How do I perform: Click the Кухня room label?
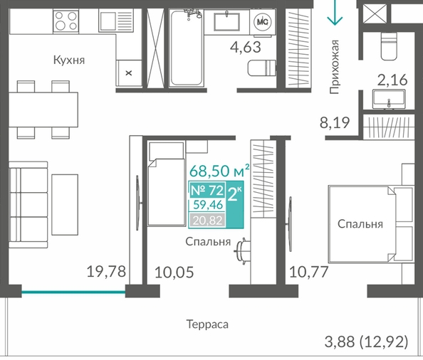coord(69,60)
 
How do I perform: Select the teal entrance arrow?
coord(335,13)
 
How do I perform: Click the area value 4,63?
coord(246,47)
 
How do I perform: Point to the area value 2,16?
coord(392,80)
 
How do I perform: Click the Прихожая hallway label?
coord(334,67)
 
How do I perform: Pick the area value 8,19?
coord(335,122)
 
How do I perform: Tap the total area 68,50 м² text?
coord(219,171)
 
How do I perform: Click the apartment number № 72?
coord(207,190)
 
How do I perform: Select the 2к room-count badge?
coord(235,204)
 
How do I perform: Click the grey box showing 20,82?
coord(207,221)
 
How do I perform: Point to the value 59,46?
coord(208,205)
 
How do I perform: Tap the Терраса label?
coord(207,324)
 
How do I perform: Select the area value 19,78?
coord(106,271)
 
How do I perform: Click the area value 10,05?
coord(174,272)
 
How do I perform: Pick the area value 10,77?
coord(308,272)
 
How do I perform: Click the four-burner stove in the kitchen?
coord(66,21)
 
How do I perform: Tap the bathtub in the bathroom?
coord(186,48)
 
